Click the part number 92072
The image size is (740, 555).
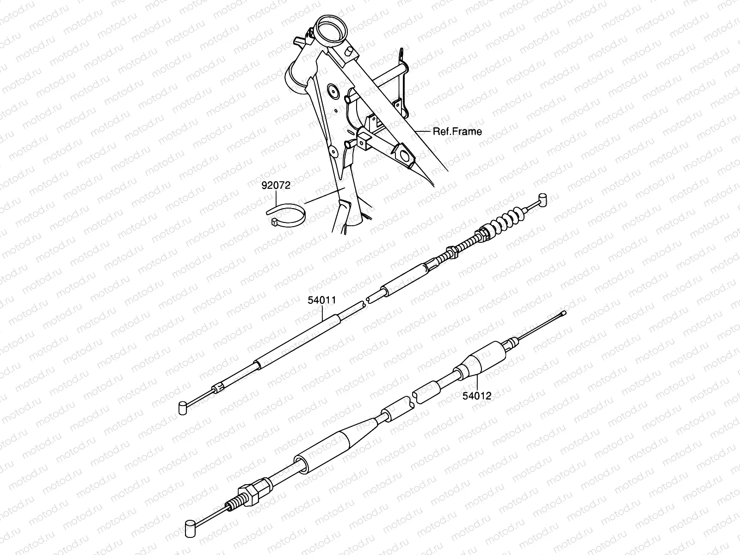click(x=275, y=186)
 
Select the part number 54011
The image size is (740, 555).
click(x=322, y=300)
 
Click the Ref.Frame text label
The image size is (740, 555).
click(x=457, y=131)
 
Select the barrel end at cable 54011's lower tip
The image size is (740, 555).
click(x=183, y=407)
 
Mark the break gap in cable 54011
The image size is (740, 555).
click(x=366, y=301)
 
